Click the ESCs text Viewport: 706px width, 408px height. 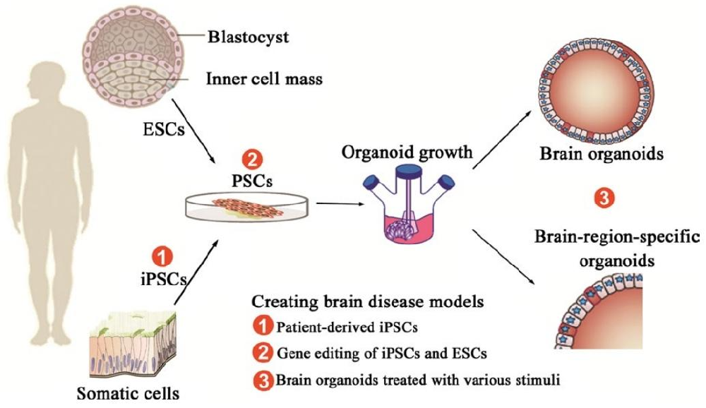pos(157,132)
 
